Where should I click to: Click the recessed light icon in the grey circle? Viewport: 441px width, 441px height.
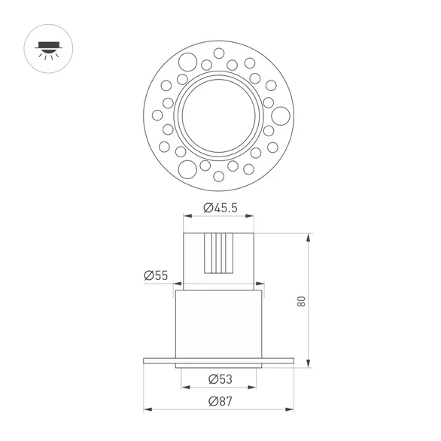(x=47, y=47)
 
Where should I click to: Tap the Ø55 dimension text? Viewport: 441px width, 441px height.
(x=156, y=275)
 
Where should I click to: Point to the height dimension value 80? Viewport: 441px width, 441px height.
(x=301, y=301)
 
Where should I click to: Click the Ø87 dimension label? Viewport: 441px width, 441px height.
(x=220, y=400)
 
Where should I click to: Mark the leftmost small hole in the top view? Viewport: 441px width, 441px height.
(x=157, y=115)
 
